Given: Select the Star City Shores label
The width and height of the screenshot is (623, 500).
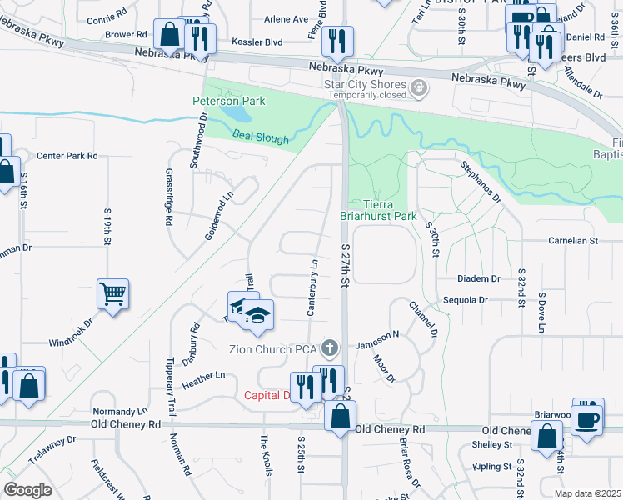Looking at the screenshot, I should coord(365,84).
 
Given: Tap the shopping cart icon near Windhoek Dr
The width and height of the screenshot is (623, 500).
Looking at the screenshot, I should coord(112,292).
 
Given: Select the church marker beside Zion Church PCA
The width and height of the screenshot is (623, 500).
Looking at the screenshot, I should coord(331,347).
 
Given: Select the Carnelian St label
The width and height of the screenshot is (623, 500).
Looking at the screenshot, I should coord(573,241).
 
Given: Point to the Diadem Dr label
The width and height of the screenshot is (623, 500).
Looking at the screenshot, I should coord(478,278).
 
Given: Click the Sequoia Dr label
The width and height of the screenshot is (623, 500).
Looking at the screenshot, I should coord(471,299).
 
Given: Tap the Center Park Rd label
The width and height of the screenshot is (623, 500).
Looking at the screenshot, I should coord(67,156).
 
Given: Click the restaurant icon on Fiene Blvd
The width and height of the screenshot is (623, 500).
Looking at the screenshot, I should coord(338,40).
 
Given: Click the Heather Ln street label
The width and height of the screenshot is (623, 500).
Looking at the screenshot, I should coord(203,376).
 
